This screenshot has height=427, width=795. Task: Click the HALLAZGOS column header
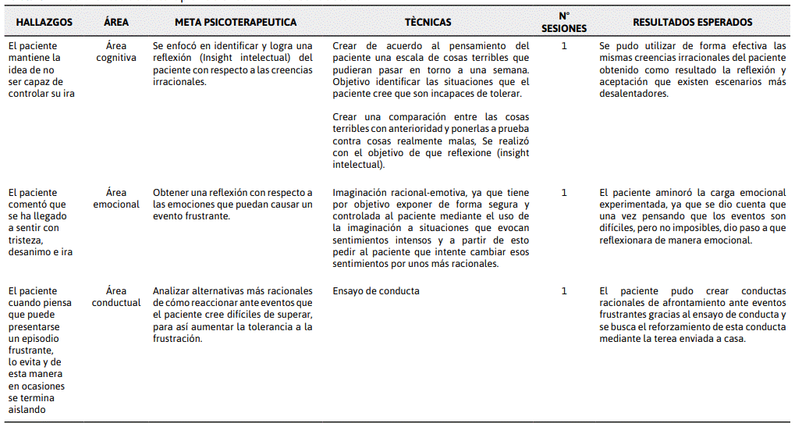[44, 23]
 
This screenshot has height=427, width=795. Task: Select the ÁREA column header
[116, 23]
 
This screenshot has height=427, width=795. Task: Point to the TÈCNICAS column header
[428, 23]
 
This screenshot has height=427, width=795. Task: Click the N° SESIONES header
[563, 23]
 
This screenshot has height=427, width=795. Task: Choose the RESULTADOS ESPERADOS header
[693, 23]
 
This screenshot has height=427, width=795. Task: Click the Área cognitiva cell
[116, 52]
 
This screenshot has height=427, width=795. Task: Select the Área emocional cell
[116, 198]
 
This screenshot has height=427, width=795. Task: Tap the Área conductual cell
[116, 297]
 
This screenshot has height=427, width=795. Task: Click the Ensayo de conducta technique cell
[376, 291]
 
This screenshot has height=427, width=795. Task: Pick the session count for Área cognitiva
[564, 46]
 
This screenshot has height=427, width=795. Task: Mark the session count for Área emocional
[564, 193]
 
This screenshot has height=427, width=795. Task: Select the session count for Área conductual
[564, 291]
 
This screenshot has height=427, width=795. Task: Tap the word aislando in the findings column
[27, 409]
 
